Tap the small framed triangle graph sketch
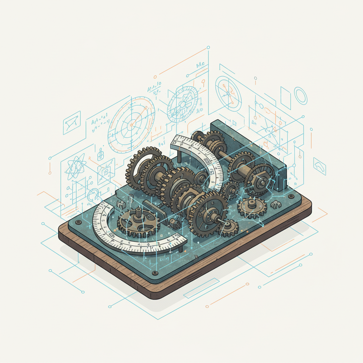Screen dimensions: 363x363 coord(72,123)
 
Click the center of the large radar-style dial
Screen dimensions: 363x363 coord(132,124)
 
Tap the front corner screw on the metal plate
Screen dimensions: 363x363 coord(155,273)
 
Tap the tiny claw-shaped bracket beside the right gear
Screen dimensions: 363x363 coord(275,205)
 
